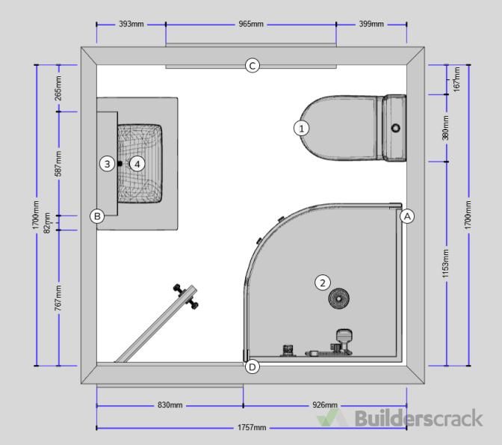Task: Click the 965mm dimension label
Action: (x=251, y=24)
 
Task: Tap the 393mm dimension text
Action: (x=131, y=24)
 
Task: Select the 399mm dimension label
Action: (x=371, y=24)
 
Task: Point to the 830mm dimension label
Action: (x=170, y=405)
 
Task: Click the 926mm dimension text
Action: (x=325, y=405)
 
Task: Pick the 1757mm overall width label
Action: (x=252, y=427)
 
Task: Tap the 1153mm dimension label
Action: (x=446, y=264)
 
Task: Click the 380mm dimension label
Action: (x=446, y=128)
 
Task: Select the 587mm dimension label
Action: (x=58, y=164)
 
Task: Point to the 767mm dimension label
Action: (x=58, y=298)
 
